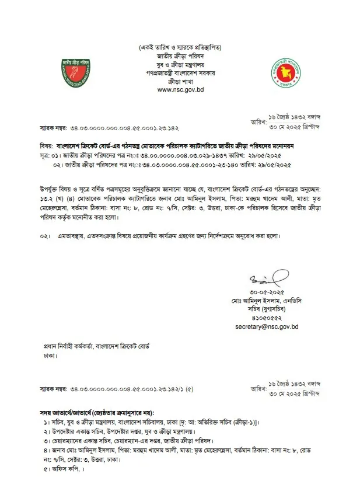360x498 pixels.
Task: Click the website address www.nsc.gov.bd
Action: click(180, 90)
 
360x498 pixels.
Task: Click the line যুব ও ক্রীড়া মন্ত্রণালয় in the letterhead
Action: click(180, 63)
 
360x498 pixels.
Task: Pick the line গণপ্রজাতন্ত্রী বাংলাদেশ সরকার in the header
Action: click(180, 72)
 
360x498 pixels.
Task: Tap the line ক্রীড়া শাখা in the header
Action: click(180, 81)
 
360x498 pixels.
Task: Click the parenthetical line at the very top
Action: click(180, 46)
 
